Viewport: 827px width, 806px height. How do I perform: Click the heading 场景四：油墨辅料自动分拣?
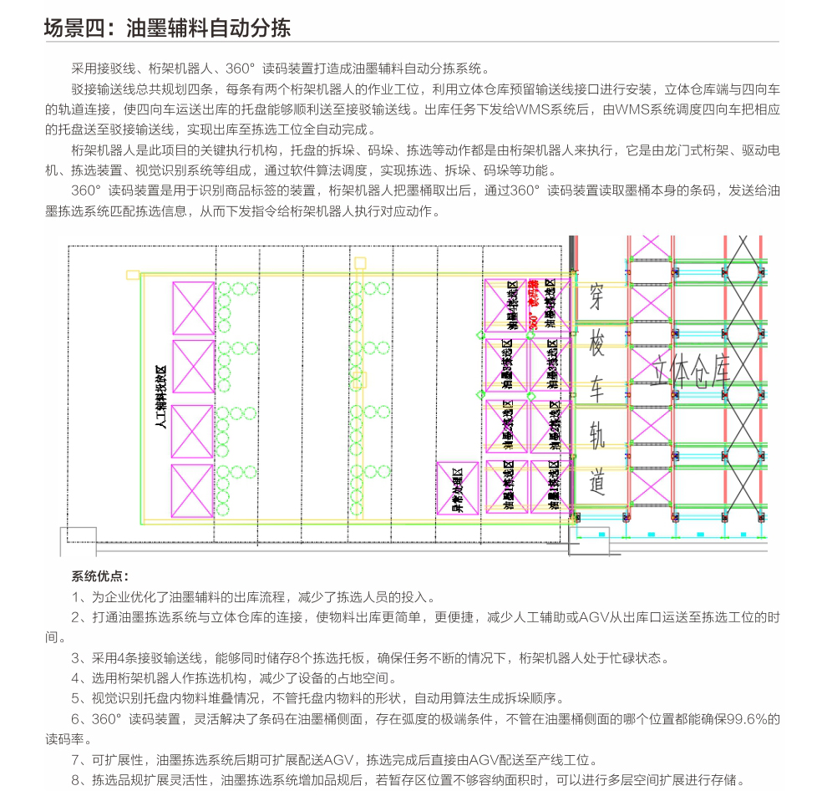pos(167,28)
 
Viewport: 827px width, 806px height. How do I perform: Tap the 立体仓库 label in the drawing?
pos(693,368)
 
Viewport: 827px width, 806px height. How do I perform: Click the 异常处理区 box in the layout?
pos(458,488)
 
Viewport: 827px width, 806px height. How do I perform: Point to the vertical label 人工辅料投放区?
pos(161,398)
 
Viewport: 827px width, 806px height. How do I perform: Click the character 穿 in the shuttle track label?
pos(596,295)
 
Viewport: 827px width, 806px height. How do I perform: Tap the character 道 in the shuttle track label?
pos(596,482)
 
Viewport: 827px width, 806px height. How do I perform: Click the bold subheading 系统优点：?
pos(99,576)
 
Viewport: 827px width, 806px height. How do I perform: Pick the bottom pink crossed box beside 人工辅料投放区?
pos(193,489)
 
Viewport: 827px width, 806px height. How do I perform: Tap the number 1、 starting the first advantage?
pos(80,596)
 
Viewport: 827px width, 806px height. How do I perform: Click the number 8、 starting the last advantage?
pos(80,780)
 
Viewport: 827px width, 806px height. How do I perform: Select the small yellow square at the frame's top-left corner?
pos(131,274)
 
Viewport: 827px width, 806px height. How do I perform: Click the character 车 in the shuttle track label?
pos(596,390)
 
